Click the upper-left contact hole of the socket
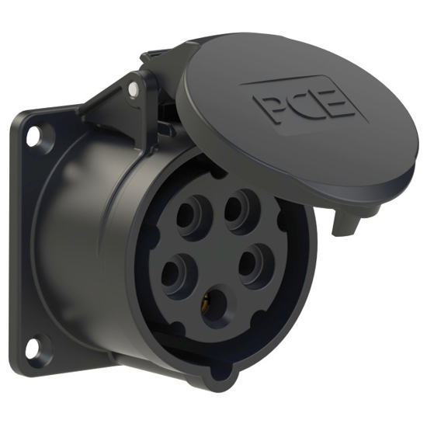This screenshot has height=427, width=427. (x=190, y=218)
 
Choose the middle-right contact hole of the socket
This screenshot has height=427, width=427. (x=255, y=264)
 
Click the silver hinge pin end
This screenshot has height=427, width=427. (x=137, y=89)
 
